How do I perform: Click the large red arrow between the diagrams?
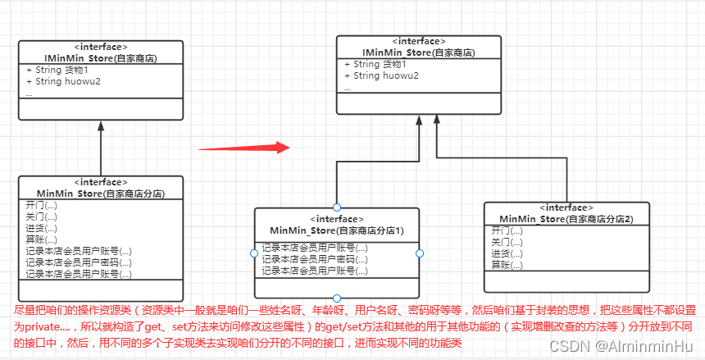point(245,148)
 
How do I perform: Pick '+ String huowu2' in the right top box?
point(381,76)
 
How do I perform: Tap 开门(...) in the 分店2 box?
point(507,231)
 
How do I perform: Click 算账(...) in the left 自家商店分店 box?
point(41,239)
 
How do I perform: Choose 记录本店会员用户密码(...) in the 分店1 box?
point(315,258)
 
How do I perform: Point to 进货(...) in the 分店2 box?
point(507,254)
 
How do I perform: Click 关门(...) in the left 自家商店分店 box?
point(41,216)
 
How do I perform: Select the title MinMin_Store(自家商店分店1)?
point(336,230)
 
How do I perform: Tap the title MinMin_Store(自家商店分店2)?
point(566,219)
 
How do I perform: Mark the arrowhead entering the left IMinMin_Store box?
point(100,126)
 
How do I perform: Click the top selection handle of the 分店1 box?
point(337,207)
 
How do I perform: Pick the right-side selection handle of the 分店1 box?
point(420,253)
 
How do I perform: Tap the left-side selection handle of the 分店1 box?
point(254,253)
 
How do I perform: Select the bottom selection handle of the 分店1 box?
point(337,298)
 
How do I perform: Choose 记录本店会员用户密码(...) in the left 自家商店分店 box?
point(79,262)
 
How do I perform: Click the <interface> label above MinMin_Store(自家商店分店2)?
point(566,208)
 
